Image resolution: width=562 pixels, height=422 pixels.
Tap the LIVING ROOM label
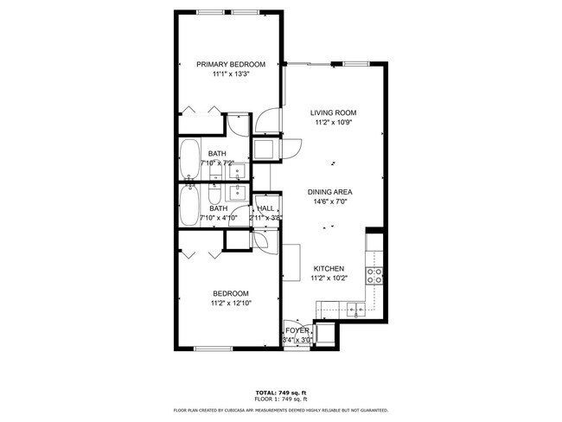click(x=334, y=113)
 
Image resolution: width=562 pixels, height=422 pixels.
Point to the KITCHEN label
click(x=329, y=268)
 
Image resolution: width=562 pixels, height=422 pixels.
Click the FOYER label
click(x=297, y=330)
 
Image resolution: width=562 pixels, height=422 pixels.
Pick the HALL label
click(x=265, y=208)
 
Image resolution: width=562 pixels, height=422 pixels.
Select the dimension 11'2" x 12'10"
click(x=230, y=304)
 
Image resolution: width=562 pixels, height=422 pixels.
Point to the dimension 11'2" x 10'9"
click(x=334, y=124)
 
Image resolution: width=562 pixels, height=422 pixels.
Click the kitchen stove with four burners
click(x=376, y=276)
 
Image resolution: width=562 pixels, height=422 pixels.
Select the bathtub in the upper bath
click(x=190, y=161)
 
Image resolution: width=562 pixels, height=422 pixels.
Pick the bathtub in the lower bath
click(x=190, y=208)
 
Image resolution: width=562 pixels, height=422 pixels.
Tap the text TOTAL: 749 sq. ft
click(x=281, y=393)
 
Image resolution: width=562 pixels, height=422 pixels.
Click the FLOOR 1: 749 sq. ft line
click(x=281, y=400)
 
